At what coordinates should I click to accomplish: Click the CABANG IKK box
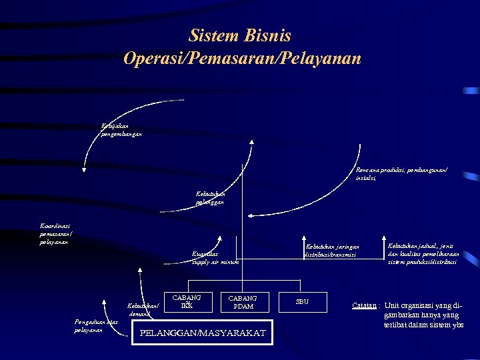pyautogui.click(x=187, y=301)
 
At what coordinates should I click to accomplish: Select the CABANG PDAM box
pyautogui.click(x=243, y=302)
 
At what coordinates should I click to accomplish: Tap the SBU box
pyautogui.click(x=303, y=302)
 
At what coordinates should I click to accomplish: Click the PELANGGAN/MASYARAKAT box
pyautogui.click(x=203, y=333)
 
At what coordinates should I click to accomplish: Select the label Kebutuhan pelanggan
pyautogui.click(x=209, y=197)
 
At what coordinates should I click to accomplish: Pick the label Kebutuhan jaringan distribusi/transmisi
pyautogui.click(x=331, y=250)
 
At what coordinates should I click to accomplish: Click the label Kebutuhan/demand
pyautogui.click(x=143, y=309)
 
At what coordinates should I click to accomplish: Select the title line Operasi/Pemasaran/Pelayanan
pyautogui.click(x=242, y=59)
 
